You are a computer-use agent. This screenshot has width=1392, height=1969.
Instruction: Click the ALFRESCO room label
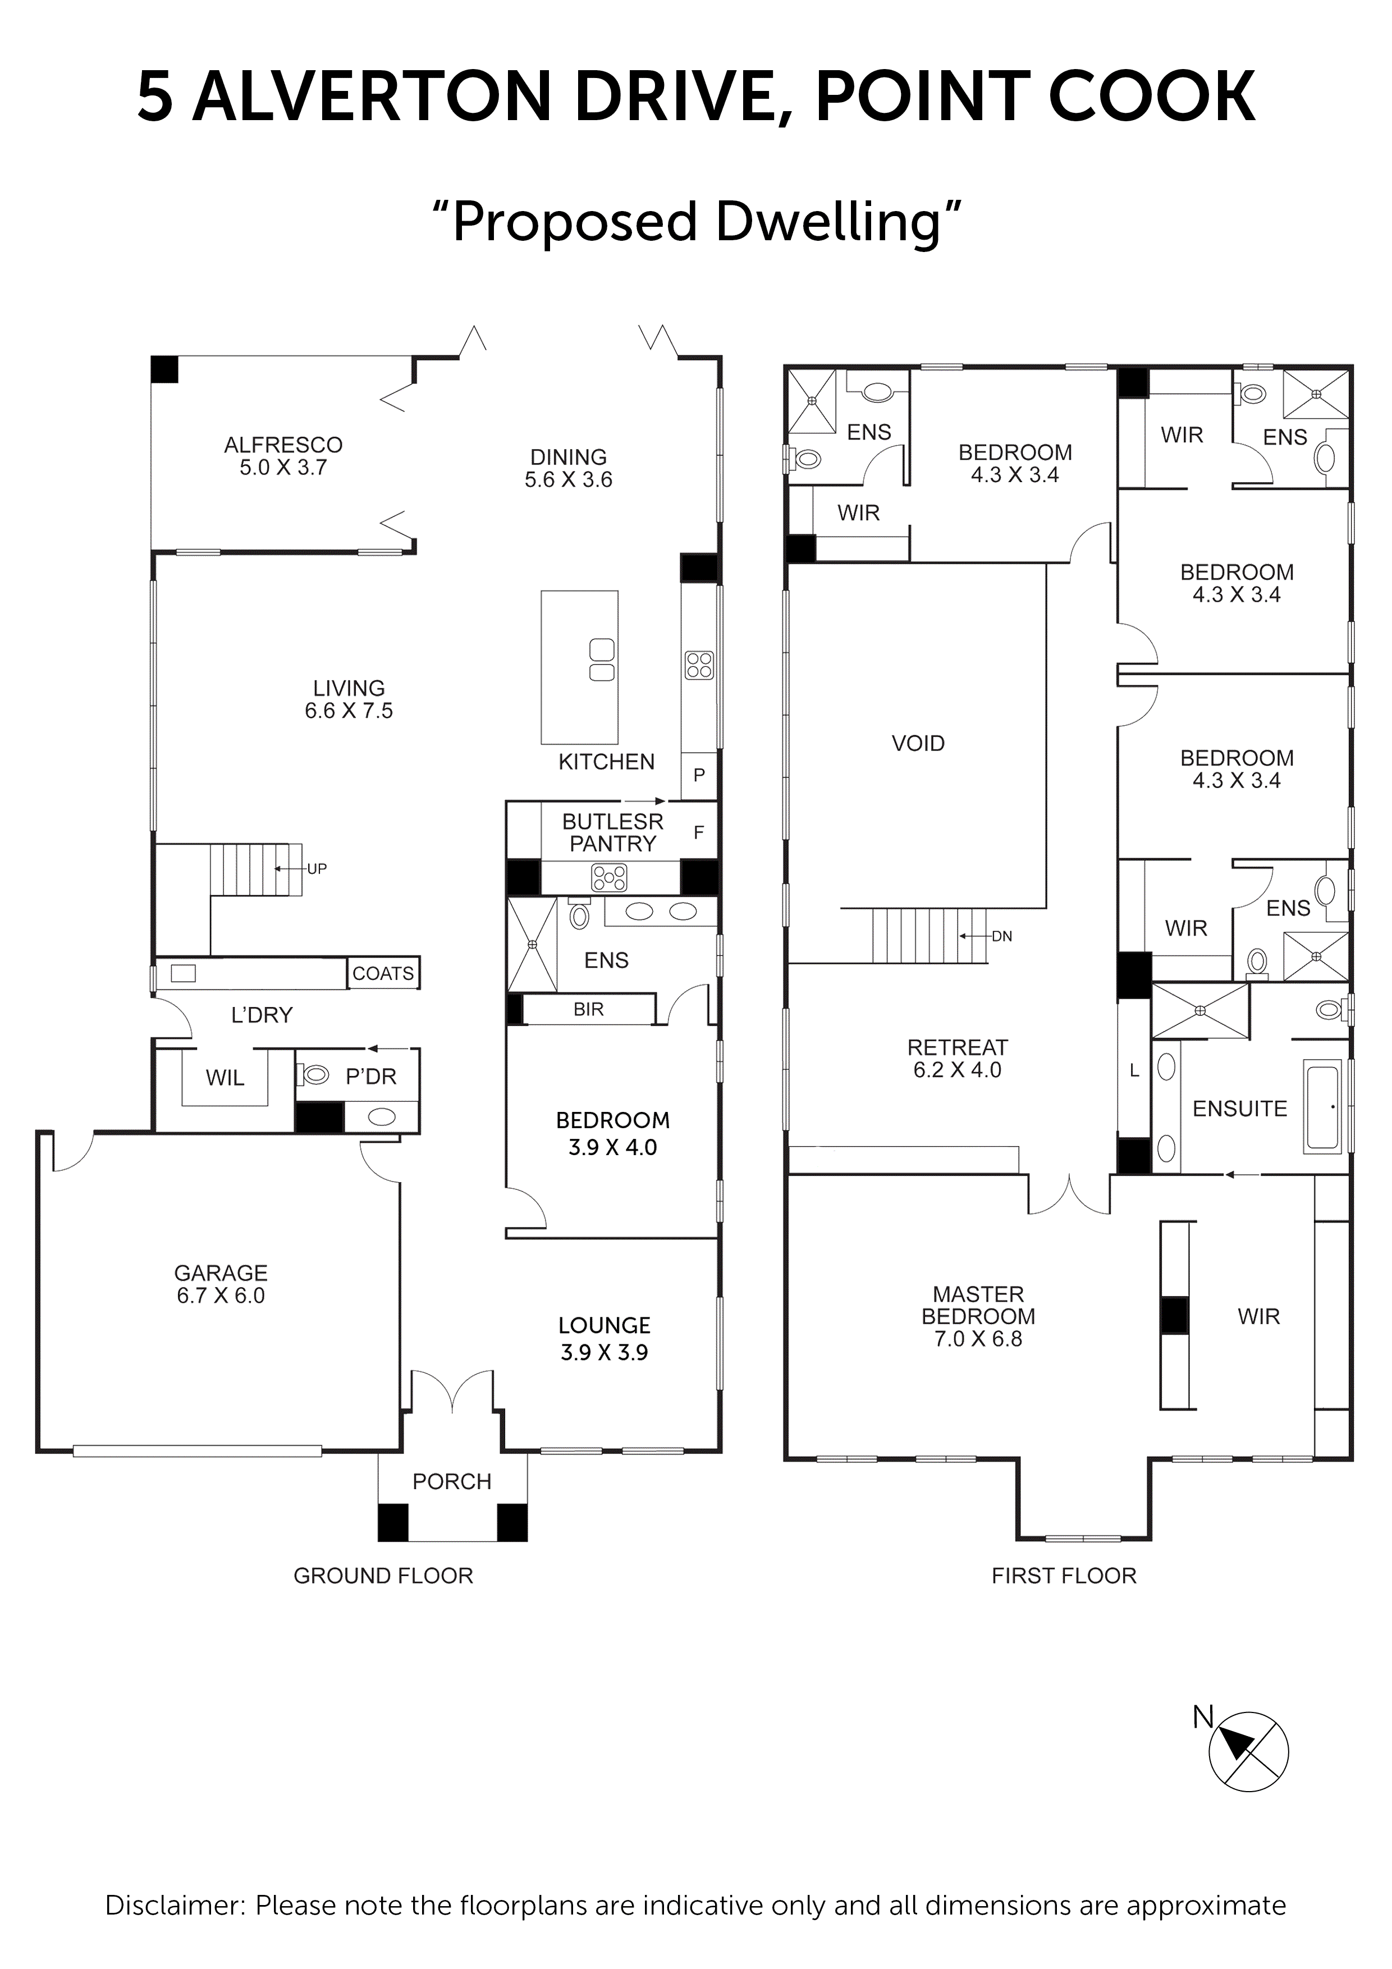(283, 455)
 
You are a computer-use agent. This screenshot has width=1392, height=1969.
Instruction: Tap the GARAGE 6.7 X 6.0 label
(221, 1283)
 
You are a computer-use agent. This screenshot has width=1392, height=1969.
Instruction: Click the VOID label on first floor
(918, 743)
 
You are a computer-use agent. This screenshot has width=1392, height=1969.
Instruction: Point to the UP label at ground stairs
(317, 869)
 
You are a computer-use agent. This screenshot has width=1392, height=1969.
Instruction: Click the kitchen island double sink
(602, 660)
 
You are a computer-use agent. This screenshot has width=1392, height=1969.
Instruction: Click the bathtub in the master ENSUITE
(1322, 1107)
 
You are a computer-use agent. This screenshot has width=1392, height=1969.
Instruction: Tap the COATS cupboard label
(383, 973)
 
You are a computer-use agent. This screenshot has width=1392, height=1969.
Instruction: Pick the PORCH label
(451, 1481)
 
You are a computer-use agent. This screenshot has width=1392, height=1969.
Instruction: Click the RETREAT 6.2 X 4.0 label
(957, 1057)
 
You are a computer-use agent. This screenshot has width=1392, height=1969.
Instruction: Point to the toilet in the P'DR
(315, 1074)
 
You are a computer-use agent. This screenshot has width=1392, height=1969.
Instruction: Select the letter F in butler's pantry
(698, 831)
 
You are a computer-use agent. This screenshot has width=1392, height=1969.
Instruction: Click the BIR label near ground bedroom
(588, 1009)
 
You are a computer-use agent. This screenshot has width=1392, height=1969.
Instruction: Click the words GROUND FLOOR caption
(383, 1576)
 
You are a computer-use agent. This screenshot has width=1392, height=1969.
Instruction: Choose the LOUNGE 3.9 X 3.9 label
(604, 1338)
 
